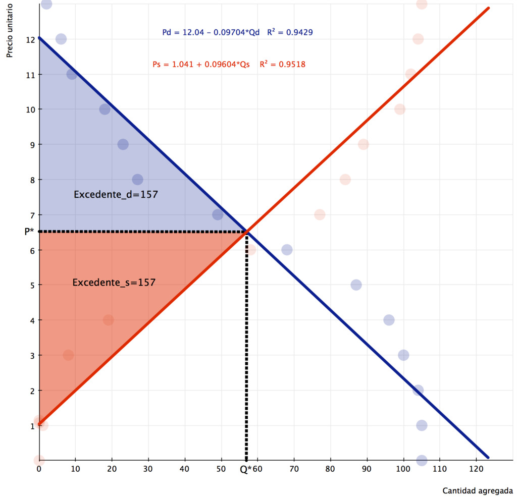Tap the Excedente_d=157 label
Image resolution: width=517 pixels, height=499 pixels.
pos(116,194)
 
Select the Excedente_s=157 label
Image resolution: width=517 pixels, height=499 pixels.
pos(114,283)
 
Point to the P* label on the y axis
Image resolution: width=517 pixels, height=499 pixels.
pos(29,232)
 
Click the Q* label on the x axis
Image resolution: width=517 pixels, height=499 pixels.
pos(245,469)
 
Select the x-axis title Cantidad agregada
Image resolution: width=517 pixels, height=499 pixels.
pos(478,490)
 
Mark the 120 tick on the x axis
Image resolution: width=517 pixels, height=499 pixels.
pos(476,469)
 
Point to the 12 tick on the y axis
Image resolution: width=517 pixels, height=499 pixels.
pos(31,39)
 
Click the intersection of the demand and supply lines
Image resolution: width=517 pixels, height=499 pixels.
pos(246,232)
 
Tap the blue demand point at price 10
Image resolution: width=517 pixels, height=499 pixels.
pos(105,109)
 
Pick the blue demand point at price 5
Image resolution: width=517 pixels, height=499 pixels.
pos(356,285)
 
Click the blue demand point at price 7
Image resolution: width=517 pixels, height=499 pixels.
pos(218,214)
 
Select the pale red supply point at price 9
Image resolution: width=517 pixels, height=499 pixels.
pos(363,144)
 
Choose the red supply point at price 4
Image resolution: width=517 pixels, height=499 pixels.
pos(108,320)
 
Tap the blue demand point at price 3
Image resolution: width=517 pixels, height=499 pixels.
pos(403,355)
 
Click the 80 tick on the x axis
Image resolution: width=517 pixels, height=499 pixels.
pos(330,469)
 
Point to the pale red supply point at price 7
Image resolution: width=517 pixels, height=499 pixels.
pos(320,214)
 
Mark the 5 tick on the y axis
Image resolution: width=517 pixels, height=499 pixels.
pos(32,285)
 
